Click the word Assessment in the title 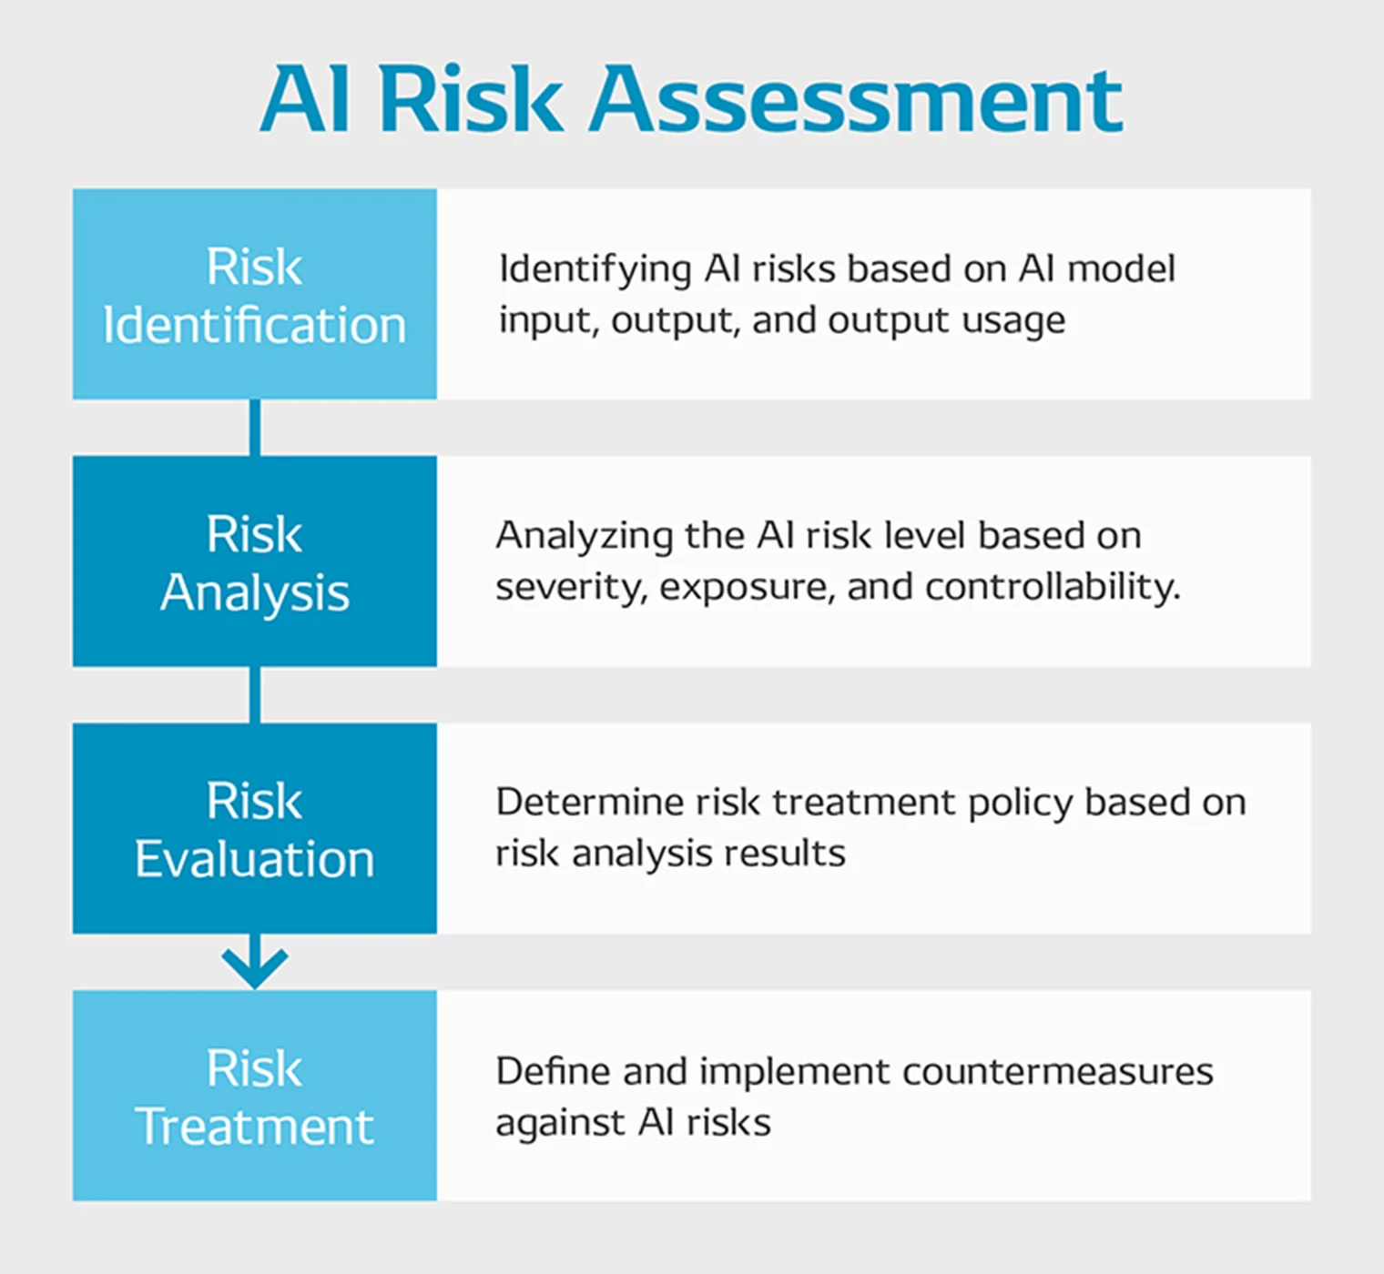856,99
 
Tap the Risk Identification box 255,294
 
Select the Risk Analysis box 255,561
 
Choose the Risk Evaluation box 255,828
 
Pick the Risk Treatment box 255,1096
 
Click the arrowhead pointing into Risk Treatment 255,968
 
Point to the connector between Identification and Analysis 255,428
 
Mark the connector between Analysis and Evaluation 255,694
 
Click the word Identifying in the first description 595,269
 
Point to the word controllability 1053,587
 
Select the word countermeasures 1058,1072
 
